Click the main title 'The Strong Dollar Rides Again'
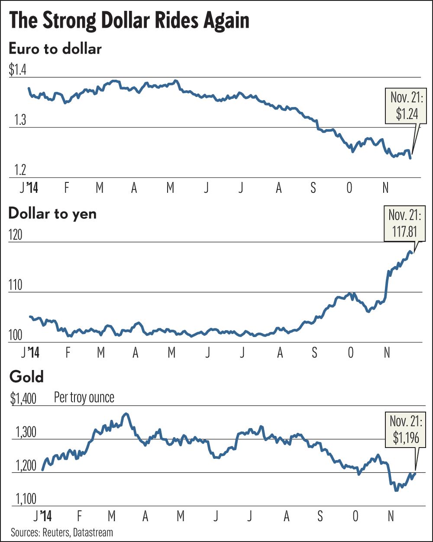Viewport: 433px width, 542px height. (129, 21)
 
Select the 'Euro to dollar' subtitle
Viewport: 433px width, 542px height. (55, 48)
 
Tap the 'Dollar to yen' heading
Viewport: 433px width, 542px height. (52, 213)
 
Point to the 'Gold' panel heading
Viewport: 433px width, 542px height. (26, 376)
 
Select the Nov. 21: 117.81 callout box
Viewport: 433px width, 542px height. (404, 227)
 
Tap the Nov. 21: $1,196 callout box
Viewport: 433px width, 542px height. (404, 432)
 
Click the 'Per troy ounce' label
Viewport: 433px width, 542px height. (84, 397)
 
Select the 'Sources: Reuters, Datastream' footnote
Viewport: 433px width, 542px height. (62, 532)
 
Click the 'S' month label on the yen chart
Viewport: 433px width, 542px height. (314, 353)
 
